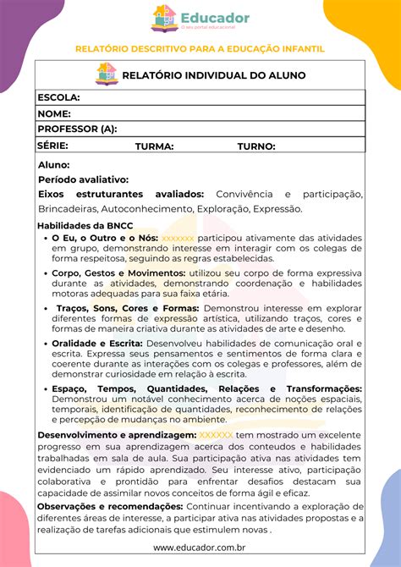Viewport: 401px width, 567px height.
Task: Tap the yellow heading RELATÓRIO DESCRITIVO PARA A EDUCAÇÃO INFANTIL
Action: pyautogui.click(x=200, y=49)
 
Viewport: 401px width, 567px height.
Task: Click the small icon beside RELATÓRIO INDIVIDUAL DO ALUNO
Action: pyautogui.click(x=107, y=74)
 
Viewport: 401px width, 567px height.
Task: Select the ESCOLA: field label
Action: pyautogui.click(x=58, y=98)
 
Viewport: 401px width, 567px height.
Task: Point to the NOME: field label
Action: pyautogui.click(x=54, y=113)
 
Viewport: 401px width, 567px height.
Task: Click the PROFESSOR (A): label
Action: pyautogui.click(x=77, y=129)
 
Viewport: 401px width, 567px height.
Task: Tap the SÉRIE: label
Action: pyautogui.click(x=52, y=146)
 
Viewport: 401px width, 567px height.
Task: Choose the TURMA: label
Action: pyautogui.click(x=154, y=146)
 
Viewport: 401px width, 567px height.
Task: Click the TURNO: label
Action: pyautogui.click(x=256, y=146)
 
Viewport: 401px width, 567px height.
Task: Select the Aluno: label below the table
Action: pyautogui.click(x=54, y=165)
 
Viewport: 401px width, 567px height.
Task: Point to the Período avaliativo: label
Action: pyautogui.click(x=83, y=179)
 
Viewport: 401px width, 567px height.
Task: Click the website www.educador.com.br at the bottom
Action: pyautogui.click(x=200, y=548)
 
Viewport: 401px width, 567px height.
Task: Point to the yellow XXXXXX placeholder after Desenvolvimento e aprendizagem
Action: pyautogui.click(x=216, y=435)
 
